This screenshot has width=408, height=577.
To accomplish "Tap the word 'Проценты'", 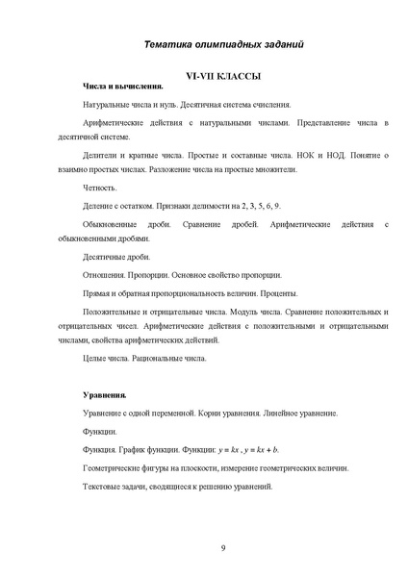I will pos(282,293).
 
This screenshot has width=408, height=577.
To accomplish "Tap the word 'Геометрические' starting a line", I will pos(117,467).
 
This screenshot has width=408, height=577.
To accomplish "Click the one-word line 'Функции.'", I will pos(101,431).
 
